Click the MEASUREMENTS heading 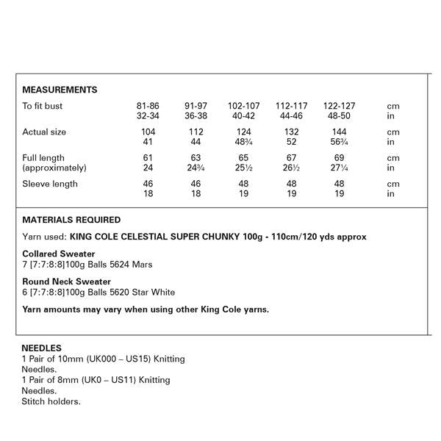[60, 90]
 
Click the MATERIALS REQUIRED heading [71, 220]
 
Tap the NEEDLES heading [42, 348]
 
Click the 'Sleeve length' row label [50, 184]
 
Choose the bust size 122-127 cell [340, 107]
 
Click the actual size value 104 [148, 132]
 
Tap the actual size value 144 [340, 132]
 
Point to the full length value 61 [148, 158]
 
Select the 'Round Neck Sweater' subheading [67, 282]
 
